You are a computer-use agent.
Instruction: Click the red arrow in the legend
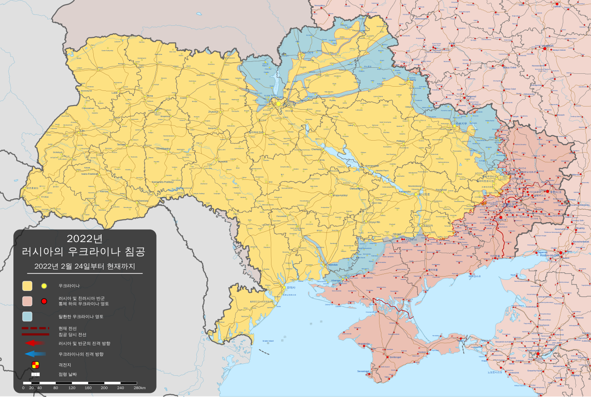point(35,343)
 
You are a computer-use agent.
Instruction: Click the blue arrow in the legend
point(35,354)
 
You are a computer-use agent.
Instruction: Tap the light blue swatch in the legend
point(27,316)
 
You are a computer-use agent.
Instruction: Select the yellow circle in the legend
point(44,286)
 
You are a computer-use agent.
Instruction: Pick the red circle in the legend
point(44,301)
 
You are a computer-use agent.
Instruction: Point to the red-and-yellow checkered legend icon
point(35,365)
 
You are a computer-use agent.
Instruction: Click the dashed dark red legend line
point(35,328)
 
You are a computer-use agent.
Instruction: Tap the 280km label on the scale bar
point(139,388)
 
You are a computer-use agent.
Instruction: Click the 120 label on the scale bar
point(72,388)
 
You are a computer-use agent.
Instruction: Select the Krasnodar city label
point(533,350)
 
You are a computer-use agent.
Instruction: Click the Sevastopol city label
point(363,371)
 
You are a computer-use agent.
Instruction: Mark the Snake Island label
point(268,341)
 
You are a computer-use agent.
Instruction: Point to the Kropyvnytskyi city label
point(340,196)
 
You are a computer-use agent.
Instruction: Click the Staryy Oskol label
point(509,67)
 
